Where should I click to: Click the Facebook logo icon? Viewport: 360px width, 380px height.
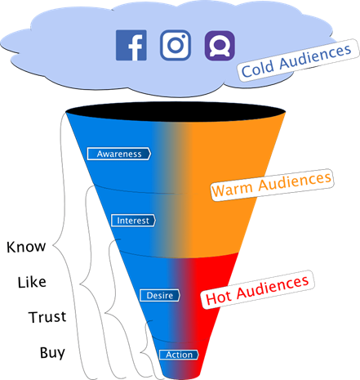click(131, 45)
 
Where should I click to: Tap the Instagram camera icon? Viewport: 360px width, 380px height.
click(176, 45)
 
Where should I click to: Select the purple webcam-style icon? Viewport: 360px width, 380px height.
click(220, 46)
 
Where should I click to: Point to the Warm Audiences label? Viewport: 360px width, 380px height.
click(272, 185)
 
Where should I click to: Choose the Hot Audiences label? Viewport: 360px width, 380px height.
click(257, 289)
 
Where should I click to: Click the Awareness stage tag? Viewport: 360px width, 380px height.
click(119, 154)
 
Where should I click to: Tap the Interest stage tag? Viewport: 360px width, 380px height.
click(133, 221)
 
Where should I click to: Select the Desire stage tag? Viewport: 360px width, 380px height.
click(160, 295)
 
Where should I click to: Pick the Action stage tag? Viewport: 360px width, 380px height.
click(179, 355)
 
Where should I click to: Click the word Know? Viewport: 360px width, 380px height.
click(26, 247)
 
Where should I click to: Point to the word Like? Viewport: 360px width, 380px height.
click(32, 282)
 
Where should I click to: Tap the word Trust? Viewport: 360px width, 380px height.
click(47, 317)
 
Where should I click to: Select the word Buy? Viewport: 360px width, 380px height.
click(52, 353)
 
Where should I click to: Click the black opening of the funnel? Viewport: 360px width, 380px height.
click(176, 112)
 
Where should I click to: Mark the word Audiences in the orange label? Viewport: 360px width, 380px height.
click(295, 181)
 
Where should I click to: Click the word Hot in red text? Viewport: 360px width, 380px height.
click(218, 297)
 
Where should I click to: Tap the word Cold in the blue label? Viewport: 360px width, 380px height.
click(257, 68)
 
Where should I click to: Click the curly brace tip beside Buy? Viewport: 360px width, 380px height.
click(140, 352)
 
